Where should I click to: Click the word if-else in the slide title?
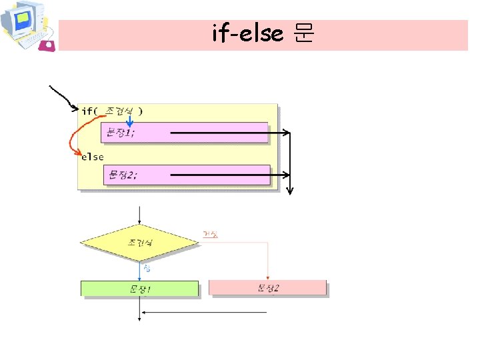point(247,33)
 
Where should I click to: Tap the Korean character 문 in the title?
point(303,33)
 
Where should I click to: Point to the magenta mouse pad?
point(48,45)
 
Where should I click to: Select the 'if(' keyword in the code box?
point(89,111)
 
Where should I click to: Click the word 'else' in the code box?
point(93,157)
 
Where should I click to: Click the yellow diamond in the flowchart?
point(139,243)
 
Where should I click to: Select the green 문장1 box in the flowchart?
point(139,289)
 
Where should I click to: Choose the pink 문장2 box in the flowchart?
point(267,288)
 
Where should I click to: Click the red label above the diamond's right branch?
point(210,234)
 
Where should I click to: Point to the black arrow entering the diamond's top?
point(139,215)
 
